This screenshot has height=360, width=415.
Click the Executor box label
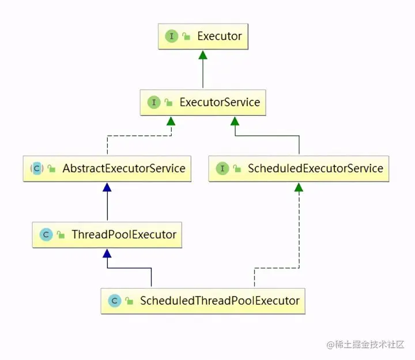pos(220,36)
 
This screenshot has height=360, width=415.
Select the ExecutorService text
pos(220,103)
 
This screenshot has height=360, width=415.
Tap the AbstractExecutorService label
pos(124,169)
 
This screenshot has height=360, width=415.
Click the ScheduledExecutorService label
pos(315,169)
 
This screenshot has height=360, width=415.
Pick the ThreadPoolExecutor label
pos(124,235)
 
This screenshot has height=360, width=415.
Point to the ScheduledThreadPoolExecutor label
pos(220,301)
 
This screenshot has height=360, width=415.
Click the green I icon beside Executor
pos(171,36)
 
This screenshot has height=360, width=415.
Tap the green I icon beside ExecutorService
pos(154,103)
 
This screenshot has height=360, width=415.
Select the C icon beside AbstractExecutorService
pos(36,169)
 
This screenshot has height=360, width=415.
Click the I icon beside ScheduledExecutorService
pos(222,169)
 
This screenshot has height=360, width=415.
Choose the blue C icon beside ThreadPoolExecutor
pos(46,235)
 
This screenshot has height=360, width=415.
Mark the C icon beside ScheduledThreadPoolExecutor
pos(114,301)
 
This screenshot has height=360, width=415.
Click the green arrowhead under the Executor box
pos(202,54)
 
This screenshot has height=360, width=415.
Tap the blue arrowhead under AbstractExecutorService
pos(107,187)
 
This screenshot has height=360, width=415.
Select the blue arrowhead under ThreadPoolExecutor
pos(107,253)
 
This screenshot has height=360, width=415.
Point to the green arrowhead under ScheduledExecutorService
pos(299,187)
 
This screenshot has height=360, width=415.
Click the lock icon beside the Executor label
pos(186,37)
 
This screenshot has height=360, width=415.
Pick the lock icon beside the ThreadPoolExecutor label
pos(61,236)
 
